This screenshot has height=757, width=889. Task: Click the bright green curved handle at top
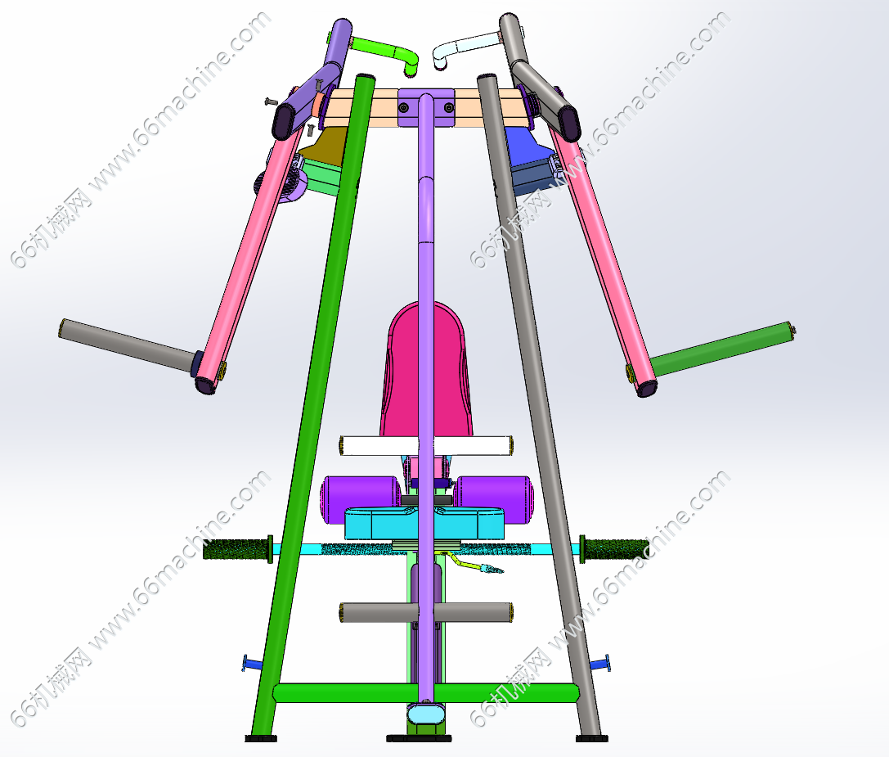tap(385, 52)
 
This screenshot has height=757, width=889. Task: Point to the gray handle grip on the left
tap(128, 345)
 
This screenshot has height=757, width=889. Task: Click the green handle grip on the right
tap(722, 349)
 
